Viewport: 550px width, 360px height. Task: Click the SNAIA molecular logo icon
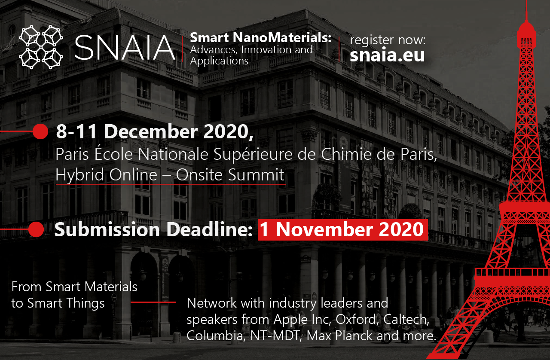[x=41, y=47]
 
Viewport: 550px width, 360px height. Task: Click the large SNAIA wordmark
[x=125, y=47]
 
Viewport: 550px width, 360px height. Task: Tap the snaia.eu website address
[x=387, y=55]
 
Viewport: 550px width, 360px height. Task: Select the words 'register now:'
[x=388, y=40]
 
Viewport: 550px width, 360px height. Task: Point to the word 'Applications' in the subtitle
[x=219, y=61]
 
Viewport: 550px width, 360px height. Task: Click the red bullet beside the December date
[x=40, y=131]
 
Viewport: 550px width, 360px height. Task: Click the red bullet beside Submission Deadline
[x=36, y=229]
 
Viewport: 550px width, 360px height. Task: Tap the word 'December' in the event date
[x=151, y=131]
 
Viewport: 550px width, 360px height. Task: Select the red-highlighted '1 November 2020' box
[x=343, y=229]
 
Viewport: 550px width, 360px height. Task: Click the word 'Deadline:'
[x=210, y=229]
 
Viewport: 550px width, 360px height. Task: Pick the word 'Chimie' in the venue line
[x=346, y=154]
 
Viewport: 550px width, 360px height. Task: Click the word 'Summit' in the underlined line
[x=257, y=175]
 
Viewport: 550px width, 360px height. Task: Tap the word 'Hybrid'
[x=80, y=175]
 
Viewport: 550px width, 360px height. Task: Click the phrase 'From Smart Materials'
[x=74, y=287]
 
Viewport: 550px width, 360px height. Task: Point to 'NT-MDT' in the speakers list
[x=276, y=336]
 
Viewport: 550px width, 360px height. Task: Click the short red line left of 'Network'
[x=153, y=302]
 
